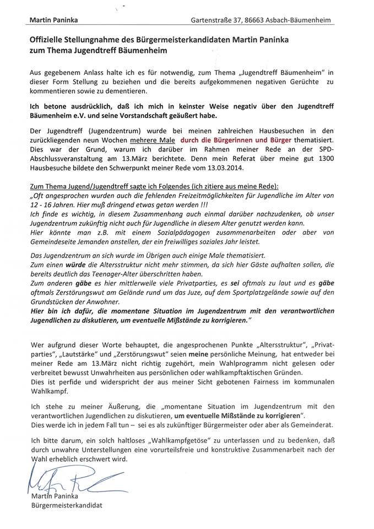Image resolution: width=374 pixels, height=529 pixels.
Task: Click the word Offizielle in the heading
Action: (x=50, y=41)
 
